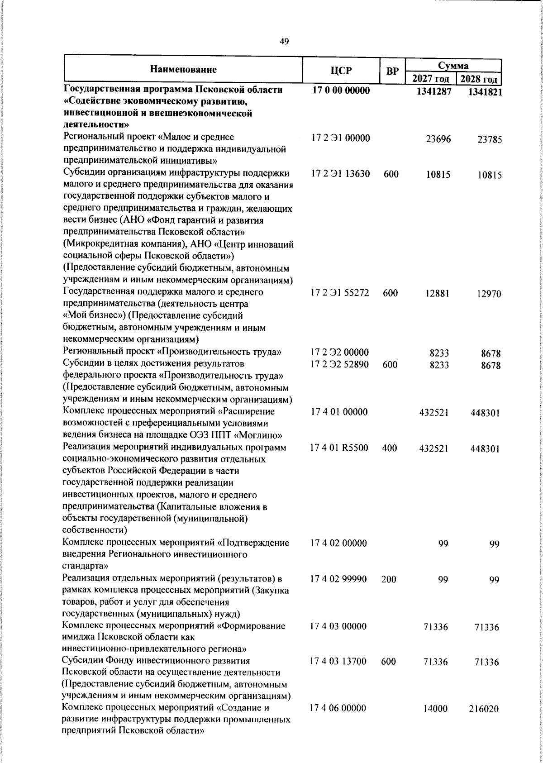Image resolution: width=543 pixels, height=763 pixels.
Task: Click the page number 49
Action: [x=284, y=42]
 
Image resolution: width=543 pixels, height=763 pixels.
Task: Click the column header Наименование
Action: [x=183, y=70]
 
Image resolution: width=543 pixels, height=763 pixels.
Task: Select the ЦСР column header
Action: [x=340, y=70]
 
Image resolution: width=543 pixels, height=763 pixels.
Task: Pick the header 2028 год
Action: [x=479, y=80]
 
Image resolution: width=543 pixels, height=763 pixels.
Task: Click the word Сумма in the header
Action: [x=453, y=65]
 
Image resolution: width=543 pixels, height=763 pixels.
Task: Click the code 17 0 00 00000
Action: [x=341, y=91]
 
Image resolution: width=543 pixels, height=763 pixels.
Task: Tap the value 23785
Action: [x=489, y=140]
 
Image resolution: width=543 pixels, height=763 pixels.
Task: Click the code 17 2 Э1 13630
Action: [x=340, y=174]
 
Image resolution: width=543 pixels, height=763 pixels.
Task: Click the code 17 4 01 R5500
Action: [x=339, y=448]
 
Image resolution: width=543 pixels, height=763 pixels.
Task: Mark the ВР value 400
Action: [x=390, y=448]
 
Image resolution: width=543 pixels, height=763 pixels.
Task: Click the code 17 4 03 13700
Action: [x=338, y=662]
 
